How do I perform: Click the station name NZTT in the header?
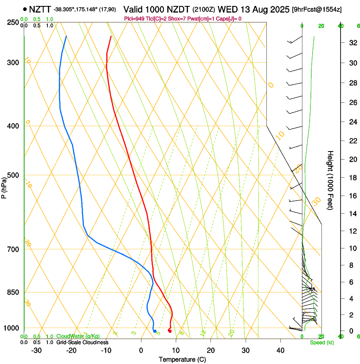point(40,9)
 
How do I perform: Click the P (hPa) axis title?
point(4,187)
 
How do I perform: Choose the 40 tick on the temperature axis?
point(280,350)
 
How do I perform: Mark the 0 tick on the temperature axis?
point(141,350)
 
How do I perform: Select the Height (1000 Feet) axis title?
point(330,180)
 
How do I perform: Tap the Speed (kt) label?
point(321,342)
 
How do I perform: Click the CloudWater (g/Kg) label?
point(72,336)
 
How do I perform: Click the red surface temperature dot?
point(169,331)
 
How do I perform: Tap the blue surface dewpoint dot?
point(155,331)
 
